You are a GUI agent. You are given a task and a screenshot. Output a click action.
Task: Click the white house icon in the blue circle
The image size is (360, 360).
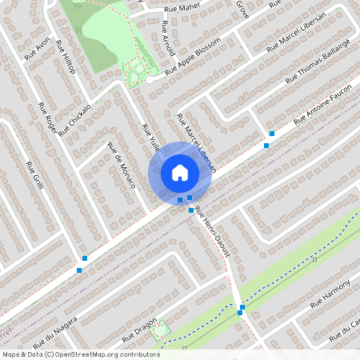[180, 172]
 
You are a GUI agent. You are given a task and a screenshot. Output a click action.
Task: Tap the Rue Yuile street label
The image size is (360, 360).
[150, 138]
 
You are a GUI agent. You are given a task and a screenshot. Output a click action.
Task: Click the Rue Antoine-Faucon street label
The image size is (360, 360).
[324, 115]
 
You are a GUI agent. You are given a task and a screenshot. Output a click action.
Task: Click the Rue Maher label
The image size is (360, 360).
[181, 9]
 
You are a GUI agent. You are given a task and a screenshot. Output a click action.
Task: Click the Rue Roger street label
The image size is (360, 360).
[47, 122]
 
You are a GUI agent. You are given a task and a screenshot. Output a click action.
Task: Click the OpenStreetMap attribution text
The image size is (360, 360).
[81, 354]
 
